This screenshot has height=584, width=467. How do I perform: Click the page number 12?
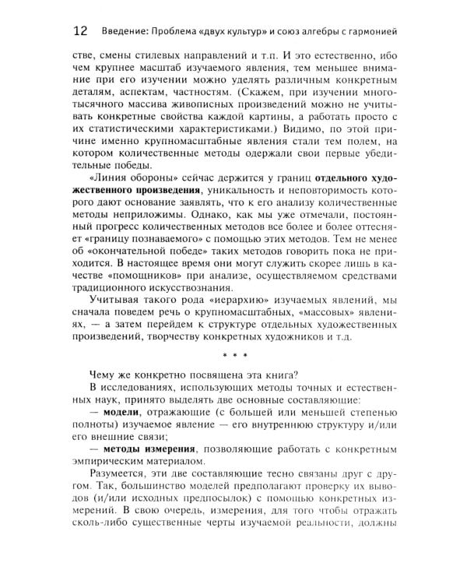coord(80,32)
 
